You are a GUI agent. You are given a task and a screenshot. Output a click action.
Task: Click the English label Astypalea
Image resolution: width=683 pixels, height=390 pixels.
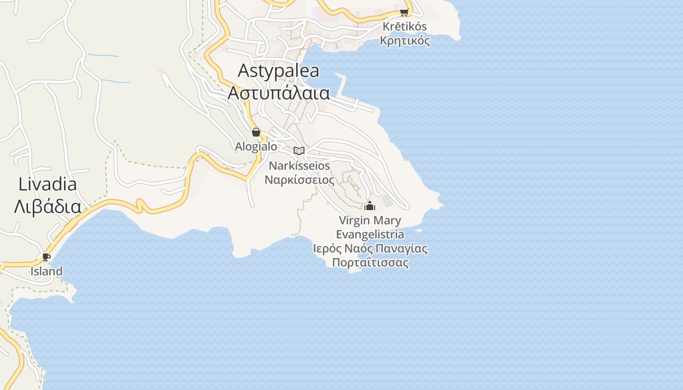(x=278, y=71)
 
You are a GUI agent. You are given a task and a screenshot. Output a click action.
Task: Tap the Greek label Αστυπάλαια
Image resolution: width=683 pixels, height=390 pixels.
(x=279, y=93)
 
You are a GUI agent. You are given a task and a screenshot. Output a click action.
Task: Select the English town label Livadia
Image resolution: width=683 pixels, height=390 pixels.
(x=47, y=184)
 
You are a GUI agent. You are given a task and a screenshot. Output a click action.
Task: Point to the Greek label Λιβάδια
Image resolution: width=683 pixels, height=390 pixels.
(x=47, y=206)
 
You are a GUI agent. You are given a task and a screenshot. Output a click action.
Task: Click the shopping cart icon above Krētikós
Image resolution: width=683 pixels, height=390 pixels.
(x=404, y=12)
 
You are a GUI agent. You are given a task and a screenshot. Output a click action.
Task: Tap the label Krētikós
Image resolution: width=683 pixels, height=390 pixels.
(x=405, y=27)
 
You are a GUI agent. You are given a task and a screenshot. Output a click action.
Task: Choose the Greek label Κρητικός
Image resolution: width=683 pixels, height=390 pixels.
(x=405, y=40)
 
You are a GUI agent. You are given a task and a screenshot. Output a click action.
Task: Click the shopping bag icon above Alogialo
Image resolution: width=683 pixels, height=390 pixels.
(x=256, y=132)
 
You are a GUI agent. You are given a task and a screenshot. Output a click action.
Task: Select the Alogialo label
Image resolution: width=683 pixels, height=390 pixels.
(x=256, y=146)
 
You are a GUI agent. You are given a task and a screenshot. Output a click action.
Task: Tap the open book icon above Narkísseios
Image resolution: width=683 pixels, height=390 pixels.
(x=299, y=151)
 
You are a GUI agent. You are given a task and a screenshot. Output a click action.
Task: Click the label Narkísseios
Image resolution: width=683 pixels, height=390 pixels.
(x=299, y=166)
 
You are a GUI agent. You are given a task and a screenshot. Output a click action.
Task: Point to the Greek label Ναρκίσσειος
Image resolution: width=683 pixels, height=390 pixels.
(x=299, y=180)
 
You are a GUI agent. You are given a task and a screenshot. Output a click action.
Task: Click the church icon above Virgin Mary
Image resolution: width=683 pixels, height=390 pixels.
(x=370, y=206)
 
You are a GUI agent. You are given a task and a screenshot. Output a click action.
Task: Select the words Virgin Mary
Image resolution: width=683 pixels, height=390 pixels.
(x=370, y=220)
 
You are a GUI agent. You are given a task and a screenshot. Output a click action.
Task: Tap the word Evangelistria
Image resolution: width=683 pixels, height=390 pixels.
(x=370, y=234)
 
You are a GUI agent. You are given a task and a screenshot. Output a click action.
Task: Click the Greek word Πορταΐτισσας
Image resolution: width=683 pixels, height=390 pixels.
(x=370, y=263)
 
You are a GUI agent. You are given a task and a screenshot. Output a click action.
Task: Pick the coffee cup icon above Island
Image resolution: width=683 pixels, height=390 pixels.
(x=46, y=257)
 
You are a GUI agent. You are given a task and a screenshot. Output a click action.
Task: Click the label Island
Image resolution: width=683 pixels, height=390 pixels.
(x=46, y=272)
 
